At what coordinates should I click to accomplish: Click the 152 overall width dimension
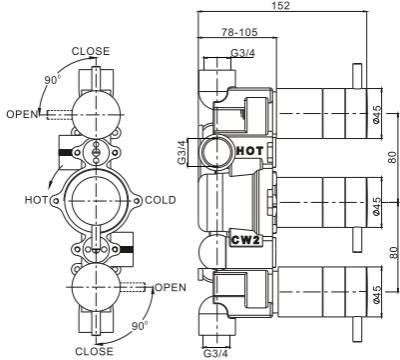click(281, 7)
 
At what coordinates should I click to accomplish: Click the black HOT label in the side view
click(248, 149)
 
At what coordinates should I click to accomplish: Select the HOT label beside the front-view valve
click(36, 200)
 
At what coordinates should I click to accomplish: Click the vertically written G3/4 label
click(182, 152)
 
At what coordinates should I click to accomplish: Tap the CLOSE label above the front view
click(90, 51)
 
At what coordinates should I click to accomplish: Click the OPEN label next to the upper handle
click(20, 113)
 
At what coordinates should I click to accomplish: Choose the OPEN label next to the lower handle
click(169, 287)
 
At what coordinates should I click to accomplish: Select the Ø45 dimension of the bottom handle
click(377, 295)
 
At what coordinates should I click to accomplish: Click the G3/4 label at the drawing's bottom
click(215, 352)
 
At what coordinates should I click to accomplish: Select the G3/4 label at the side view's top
click(242, 53)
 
